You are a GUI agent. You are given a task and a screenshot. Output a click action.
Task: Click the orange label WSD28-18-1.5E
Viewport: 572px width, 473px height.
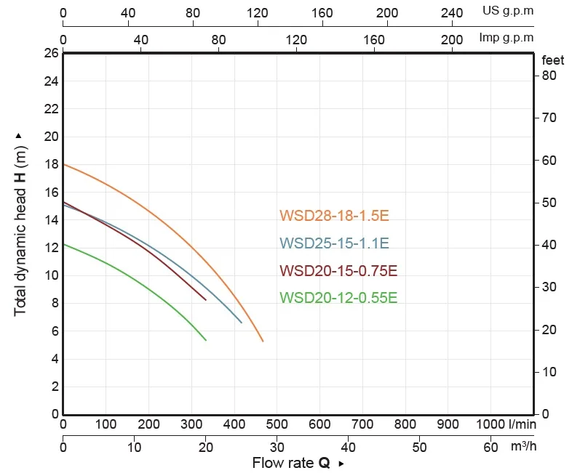(334, 216)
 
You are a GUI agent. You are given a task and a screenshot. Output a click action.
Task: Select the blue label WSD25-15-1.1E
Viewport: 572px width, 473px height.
(334, 243)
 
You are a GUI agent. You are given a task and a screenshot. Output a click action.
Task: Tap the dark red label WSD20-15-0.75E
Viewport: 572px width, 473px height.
(338, 270)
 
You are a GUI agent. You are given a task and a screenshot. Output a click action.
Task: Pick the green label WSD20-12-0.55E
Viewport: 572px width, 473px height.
(338, 297)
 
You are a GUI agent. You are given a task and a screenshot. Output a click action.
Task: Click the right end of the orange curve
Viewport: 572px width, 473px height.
(263, 341)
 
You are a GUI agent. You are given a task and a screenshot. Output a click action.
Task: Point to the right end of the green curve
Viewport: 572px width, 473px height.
(206, 340)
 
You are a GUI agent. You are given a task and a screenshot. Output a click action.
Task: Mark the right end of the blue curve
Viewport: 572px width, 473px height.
(242, 323)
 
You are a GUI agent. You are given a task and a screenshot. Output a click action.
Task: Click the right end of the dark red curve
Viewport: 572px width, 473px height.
(206, 300)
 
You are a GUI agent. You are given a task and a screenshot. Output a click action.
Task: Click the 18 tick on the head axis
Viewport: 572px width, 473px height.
(52, 164)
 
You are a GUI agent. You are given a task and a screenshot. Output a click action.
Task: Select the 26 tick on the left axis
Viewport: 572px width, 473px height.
(52, 53)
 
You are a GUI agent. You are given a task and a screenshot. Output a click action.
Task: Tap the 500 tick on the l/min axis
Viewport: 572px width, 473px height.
(277, 424)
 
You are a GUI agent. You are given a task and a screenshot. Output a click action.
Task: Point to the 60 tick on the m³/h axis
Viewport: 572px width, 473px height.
(490, 447)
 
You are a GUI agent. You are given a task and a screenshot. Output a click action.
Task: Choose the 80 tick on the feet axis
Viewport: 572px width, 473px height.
(549, 76)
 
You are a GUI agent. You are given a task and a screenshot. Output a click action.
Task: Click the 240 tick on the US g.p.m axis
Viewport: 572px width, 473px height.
(452, 13)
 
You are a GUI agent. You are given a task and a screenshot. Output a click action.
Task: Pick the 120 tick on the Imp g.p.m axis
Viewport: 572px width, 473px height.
(296, 40)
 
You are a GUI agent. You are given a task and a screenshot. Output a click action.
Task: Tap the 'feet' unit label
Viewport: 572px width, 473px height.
(552, 60)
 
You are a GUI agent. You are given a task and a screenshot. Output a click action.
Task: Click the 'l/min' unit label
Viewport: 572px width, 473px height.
(523, 424)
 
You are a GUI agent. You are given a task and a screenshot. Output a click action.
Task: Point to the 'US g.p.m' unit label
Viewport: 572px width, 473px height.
(508, 11)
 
